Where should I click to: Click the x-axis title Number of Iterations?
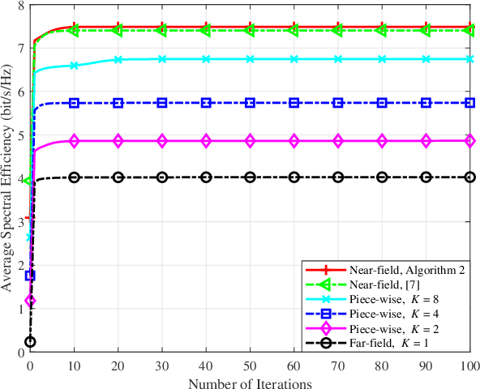click(x=251, y=381)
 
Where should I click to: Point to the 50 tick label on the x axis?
click(x=251, y=364)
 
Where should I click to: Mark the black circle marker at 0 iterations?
click(x=30, y=342)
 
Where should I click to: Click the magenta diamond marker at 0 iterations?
click(x=30, y=301)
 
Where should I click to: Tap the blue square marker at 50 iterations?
click(x=251, y=103)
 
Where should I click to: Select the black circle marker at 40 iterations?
click(x=206, y=177)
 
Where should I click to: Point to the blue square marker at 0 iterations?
click(x=30, y=276)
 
